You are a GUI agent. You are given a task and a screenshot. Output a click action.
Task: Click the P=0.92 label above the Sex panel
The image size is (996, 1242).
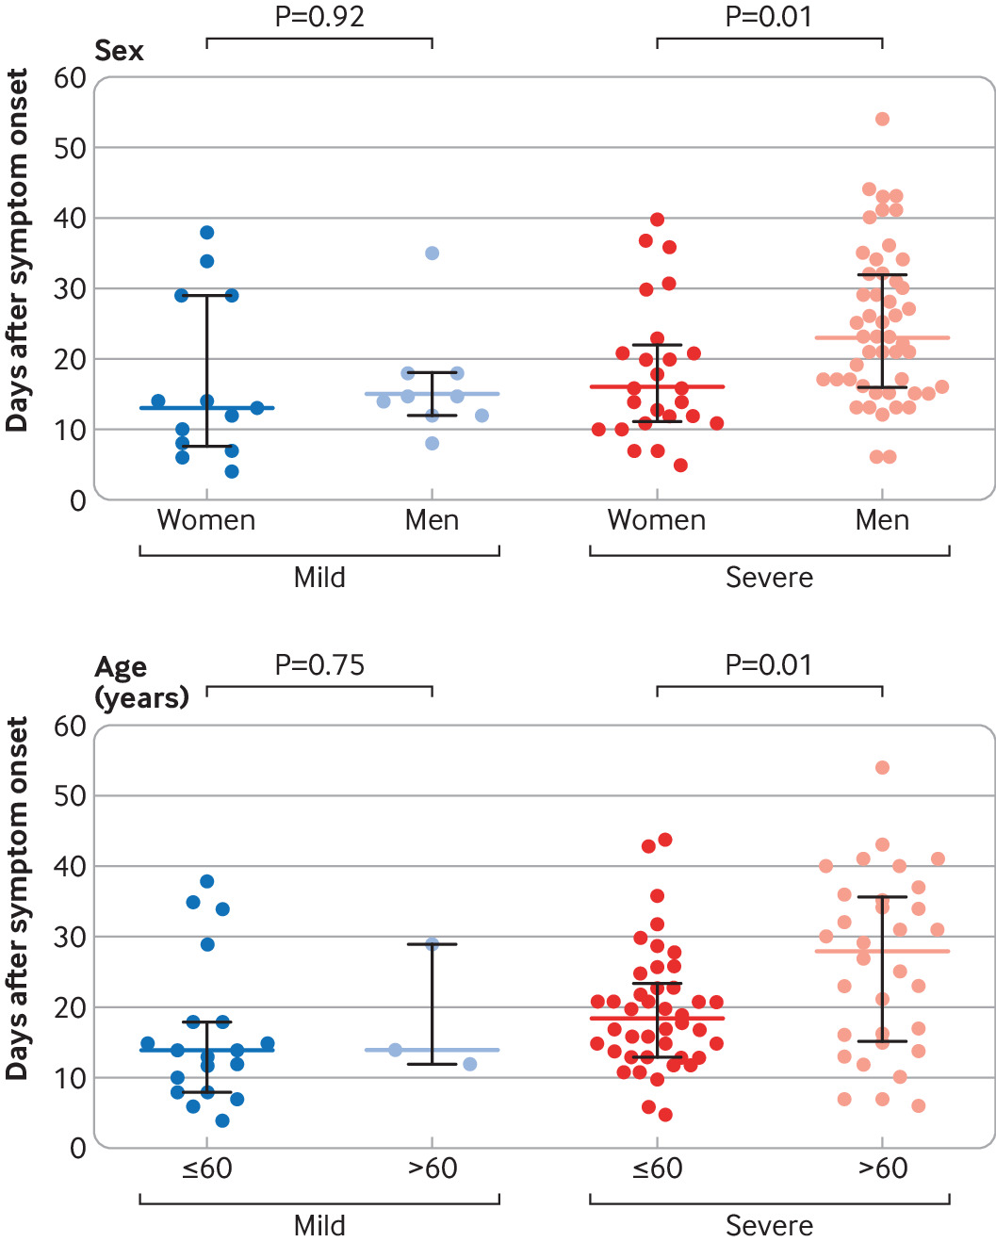point(319,17)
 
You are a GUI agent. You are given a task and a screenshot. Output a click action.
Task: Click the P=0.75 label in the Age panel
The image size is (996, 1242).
point(319,665)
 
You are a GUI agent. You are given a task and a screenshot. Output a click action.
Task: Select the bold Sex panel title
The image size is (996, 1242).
point(119,50)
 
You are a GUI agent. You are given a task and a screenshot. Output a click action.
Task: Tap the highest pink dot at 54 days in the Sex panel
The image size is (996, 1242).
point(882,119)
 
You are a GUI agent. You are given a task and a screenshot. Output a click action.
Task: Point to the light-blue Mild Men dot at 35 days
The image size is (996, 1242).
point(432,253)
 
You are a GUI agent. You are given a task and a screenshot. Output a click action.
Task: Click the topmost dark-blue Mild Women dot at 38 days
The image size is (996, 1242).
point(207,233)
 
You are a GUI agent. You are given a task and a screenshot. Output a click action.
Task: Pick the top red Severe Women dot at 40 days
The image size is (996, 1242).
point(657,220)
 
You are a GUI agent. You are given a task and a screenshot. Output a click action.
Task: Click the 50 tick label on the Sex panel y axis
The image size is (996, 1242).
point(70,148)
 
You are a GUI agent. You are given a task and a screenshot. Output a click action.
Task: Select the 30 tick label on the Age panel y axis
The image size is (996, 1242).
point(70,937)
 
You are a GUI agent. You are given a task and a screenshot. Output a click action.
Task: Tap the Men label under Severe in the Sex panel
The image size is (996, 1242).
point(882,520)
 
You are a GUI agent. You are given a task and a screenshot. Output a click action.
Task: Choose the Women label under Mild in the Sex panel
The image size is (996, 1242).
point(206,520)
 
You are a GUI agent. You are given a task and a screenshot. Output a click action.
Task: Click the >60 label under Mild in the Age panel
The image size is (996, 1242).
point(432,1168)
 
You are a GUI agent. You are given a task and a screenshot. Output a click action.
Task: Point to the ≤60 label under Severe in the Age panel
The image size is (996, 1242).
point(657,1168)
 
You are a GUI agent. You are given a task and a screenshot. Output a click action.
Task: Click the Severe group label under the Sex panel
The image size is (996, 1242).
point(769,578)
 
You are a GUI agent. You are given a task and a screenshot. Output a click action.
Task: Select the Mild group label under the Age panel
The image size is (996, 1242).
point(319,1226)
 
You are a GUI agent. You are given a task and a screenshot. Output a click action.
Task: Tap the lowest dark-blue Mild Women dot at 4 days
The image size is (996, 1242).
point(232,471)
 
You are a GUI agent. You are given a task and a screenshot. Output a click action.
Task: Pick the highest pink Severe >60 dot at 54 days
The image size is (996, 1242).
point(882,768)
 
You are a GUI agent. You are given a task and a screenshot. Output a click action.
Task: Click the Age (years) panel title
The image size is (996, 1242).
point(141,682)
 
